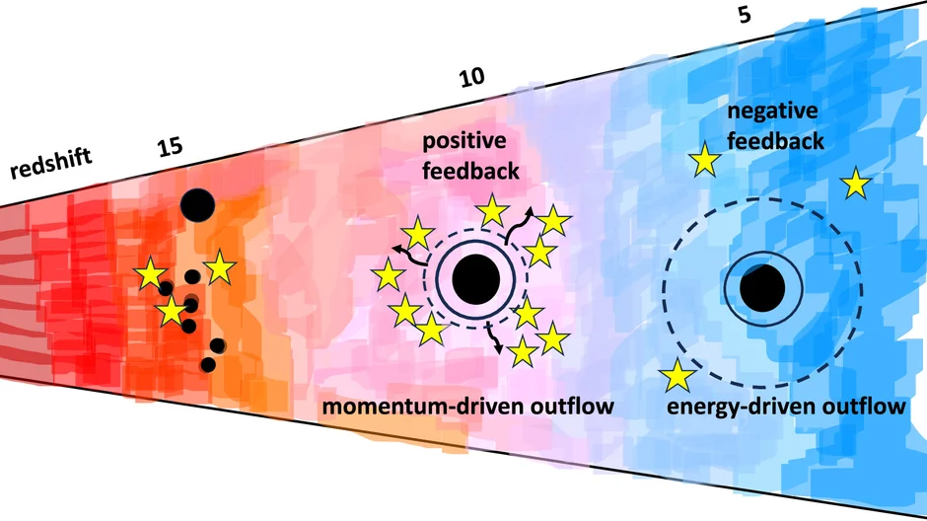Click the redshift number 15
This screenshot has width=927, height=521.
pos(169,147)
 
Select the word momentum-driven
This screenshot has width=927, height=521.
pos(414,407)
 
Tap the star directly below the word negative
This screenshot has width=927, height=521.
pos(704,161)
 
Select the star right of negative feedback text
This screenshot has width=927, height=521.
pos(855,183)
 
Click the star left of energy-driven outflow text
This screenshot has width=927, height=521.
pos(677,375)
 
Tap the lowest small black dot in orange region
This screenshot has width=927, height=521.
pos(207,364)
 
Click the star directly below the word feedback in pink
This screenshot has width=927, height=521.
pos(490,209)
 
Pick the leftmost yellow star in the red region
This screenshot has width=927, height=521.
pos(151,275)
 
